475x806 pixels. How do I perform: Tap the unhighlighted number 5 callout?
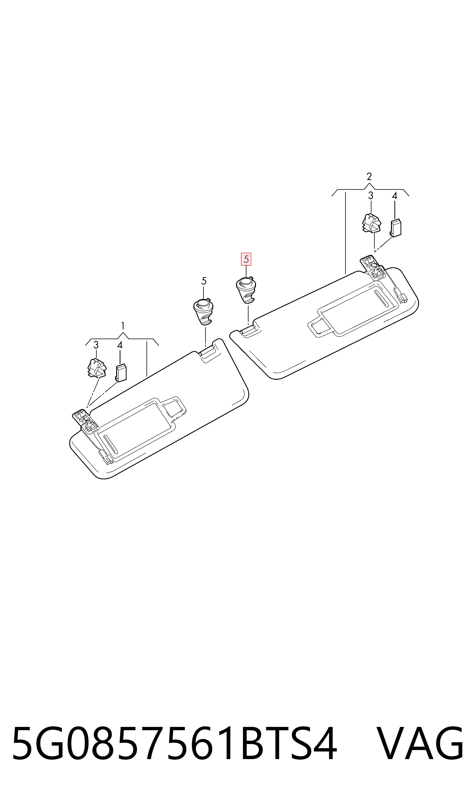click(x=204, y=281)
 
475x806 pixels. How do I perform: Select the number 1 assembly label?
click(x=123, y=326)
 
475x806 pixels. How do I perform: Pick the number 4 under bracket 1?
click(x=120, y=345)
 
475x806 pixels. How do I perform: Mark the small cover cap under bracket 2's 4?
click(x=396, y=228)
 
